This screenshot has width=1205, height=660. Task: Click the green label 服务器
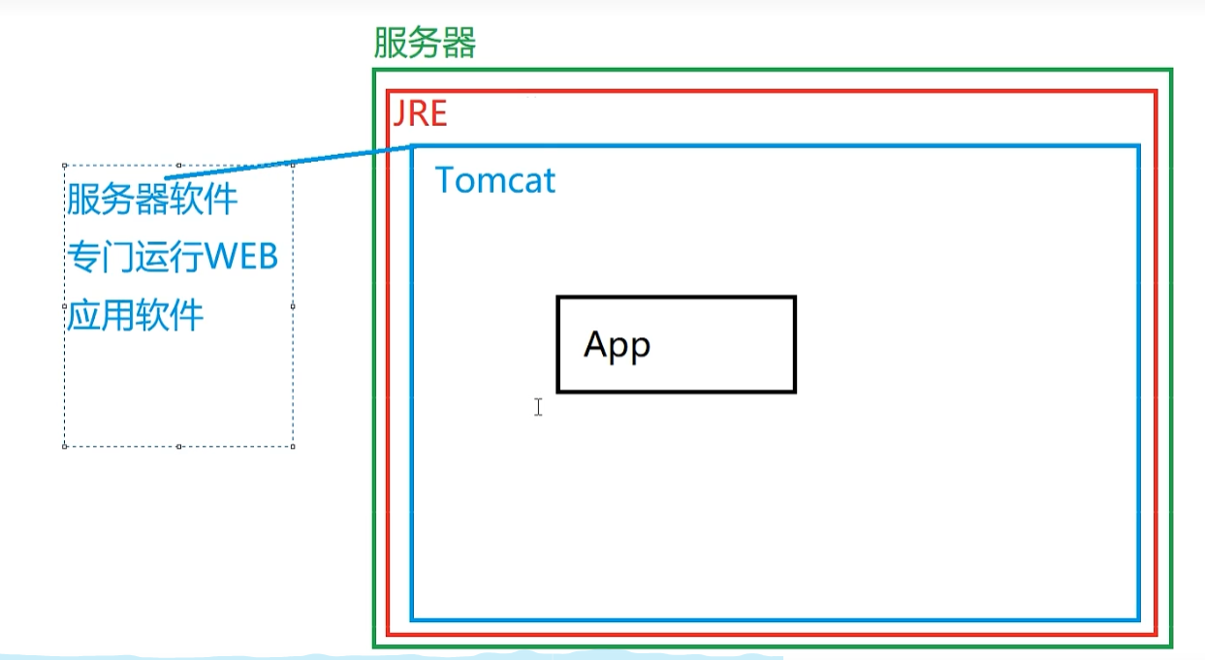coord(425,44)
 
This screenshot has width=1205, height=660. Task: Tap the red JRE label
coord(420,114)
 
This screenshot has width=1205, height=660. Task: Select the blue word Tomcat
coord(495,180)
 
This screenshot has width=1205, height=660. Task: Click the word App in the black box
coord(617,345)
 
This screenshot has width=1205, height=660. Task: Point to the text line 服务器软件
coord(152,200)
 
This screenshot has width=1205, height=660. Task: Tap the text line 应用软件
coord(136,316)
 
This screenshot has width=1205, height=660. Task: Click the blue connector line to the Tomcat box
coord(291,162)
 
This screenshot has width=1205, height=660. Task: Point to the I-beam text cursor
coord(538,407)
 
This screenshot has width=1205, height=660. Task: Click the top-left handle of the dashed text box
coord(65,166)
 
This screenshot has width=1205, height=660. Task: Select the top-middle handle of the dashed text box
coord(179,166)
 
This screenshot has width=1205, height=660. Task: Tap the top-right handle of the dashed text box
coord(293,166)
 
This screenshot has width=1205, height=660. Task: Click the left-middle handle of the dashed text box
coord(65,306)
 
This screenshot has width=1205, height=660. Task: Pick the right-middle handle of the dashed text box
coord(293,306)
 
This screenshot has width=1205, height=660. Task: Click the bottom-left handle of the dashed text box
coord(65,446)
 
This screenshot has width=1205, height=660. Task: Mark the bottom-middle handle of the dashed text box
coord(179,446)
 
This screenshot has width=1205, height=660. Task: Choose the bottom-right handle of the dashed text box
coord(293,446)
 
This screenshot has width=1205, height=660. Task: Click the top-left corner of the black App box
coord(558,298)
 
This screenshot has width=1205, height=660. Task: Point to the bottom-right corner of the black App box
coord(794,391)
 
